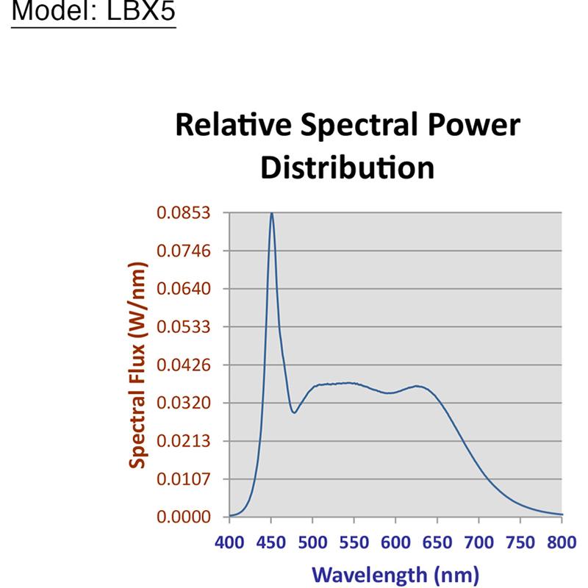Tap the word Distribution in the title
pos(348,168)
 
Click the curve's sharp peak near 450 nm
pos(271,214)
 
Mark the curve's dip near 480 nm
pos(294,412)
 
